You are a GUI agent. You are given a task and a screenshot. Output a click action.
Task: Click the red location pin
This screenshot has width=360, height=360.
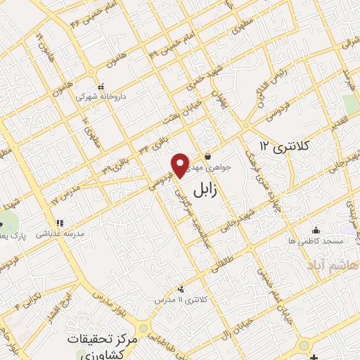tap(181, 165)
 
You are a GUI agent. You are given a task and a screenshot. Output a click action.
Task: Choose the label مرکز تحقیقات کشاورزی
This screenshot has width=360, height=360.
tap(98, 345)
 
